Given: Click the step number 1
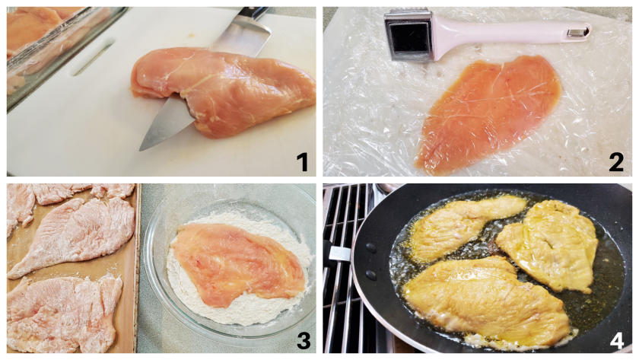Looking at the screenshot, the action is point(302,162).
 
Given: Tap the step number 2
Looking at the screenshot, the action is point(615,162).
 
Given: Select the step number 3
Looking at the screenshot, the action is point(304,341).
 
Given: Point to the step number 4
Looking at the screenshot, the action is point(617,341).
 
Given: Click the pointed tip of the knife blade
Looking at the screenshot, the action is point(141,150).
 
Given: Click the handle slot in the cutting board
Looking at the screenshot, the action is point(93,57).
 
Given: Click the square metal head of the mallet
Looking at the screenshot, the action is point(409,36).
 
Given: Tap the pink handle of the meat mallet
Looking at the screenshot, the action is point(510,34).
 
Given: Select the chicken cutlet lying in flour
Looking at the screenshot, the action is point(239,264).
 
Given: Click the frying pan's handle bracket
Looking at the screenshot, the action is point(339,253).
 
